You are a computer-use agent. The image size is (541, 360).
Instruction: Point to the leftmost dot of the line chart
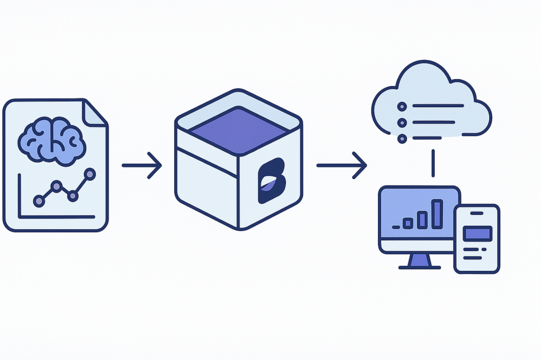(39, 201)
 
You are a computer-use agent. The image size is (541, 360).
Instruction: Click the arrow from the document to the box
(142, 165)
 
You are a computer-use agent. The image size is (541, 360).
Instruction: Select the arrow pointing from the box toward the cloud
(341, 165)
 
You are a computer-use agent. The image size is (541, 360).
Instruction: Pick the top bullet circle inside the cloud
(402, 106)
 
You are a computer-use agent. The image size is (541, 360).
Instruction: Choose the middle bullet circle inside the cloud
(402, 122)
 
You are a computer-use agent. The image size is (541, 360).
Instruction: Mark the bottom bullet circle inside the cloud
(402, 139)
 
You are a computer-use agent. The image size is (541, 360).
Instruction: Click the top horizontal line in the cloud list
(437, 106)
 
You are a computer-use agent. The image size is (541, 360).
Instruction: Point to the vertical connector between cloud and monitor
(433, 163)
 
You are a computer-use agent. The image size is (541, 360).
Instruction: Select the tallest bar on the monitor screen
(437, 214)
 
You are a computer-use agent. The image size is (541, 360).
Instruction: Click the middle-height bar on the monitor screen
(422, 220)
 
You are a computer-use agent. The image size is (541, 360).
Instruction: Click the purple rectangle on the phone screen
(477, 233)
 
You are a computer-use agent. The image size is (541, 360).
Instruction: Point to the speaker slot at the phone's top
(477, 213)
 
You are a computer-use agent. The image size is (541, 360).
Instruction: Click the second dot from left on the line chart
(56, 186)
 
